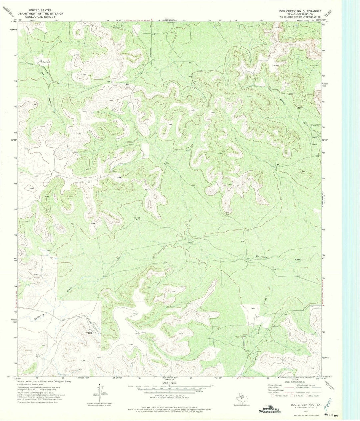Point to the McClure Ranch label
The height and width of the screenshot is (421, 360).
click(45, 62)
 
